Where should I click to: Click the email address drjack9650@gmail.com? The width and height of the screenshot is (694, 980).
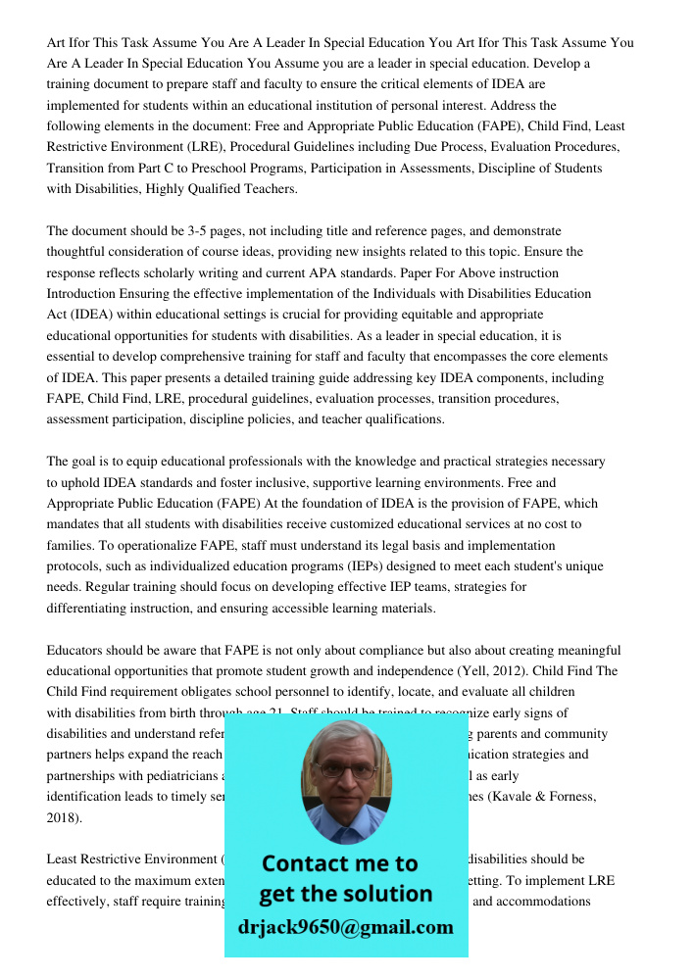coord(345,926)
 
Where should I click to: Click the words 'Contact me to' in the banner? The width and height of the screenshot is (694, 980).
coord(339,863)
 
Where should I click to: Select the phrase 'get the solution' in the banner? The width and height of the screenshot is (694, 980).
coord(345,893)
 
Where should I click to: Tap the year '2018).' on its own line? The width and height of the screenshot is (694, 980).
coord(65,817)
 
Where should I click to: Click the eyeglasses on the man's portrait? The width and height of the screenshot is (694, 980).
coord(345,769)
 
